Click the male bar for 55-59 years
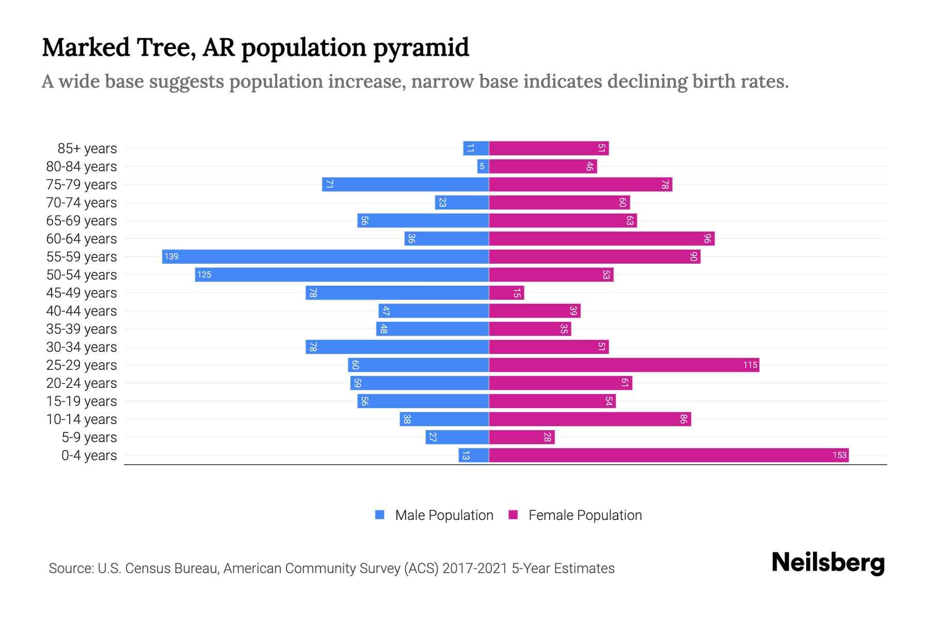pyautogui.click(x=325, y=256)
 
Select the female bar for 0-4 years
pyautogui.click(x=668, y=455)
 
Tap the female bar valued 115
pyautogui.click(x=623, y=365)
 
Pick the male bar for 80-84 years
pyautogui.click(x=483, y=166)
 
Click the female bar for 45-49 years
pyautogui.click(x=506, y=292)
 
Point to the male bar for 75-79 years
pyautogui.click(x=405, y=184)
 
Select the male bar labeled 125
pyautogui.click(x=342, y=274)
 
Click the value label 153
pyautogui.click(x=839, y=455)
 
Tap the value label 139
pyautogui.click(x=171, y=256)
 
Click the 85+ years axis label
pyautogui.click(x=87, y=149)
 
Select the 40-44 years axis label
pyautogui.click(x=82, y=311)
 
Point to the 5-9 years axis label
pyautogui.click(x=89, y=437)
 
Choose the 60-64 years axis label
pyautogui.click(x=82, y=239)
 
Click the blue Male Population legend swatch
pyautogui.click(x=380, y=515)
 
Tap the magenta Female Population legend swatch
pyautogui.click(x=513, y=515)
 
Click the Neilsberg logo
pyautogui.click(x=828, y=563)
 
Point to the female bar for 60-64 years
pyautogui.click(x=601, y=238)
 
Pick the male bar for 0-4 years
pyautogui.click(x=473, y=455)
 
